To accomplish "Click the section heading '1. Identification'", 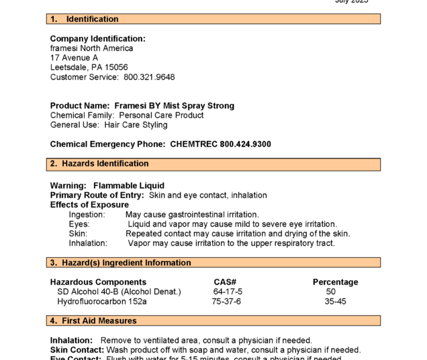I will tap(80, 19).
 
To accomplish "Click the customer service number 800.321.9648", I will tap(149, 77).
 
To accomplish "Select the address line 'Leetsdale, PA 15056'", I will tap(89, 68).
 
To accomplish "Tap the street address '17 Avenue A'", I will tap(74, 58).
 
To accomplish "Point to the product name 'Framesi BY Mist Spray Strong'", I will tap(175, 106).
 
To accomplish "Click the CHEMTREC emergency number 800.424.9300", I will tap(220, 144).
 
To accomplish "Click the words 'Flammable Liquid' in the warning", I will tap(129, 186).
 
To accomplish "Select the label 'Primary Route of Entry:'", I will tap(97, 195).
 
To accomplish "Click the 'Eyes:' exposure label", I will tap(79, 224).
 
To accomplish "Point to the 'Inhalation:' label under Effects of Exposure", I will tap(88, 243).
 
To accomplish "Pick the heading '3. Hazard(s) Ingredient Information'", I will tap(120, 263).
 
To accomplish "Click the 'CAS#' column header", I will tap(225, 282).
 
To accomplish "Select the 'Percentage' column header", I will tap(335, 282).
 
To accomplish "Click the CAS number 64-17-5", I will tap(228, 291).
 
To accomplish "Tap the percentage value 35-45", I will tap(335, 302).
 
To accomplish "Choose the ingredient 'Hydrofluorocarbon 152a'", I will tap(102, 302).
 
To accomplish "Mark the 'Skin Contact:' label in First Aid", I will tap(77, 350).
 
